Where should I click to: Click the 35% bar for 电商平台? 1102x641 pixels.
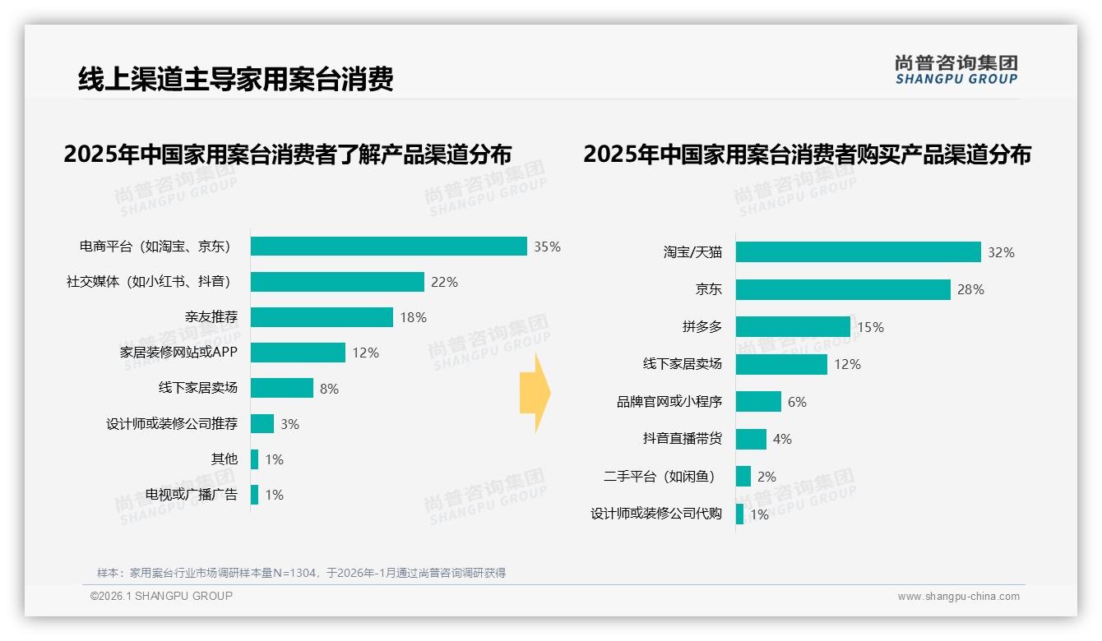388,247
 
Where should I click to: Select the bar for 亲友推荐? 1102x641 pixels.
322,317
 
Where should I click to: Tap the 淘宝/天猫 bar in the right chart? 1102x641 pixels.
858,252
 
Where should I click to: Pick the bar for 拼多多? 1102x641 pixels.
793,327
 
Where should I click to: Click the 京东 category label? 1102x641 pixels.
708,289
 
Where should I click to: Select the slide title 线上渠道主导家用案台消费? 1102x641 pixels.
236,79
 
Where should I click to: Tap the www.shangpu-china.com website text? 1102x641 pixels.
958,597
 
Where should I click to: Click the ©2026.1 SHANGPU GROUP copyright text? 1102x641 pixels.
161,596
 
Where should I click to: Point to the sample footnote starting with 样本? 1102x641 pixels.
301,573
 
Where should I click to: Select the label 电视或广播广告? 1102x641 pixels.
192,495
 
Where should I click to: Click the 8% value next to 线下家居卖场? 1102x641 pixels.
329,389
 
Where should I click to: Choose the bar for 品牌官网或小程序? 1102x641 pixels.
758,402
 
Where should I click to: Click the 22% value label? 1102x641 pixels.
444,282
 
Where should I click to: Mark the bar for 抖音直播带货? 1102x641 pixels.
751,439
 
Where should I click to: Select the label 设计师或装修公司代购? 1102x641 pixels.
656,514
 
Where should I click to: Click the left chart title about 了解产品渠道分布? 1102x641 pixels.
288,154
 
